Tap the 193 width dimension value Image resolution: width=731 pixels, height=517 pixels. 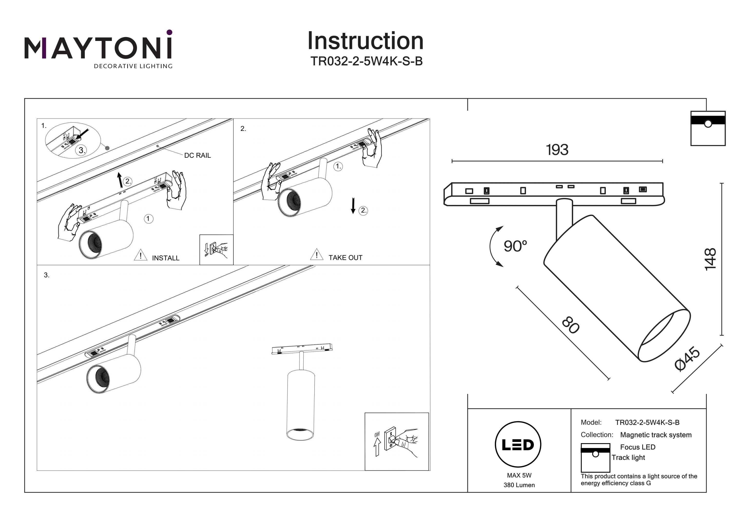click(557, 150)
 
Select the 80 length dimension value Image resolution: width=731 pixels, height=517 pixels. click(570, 325)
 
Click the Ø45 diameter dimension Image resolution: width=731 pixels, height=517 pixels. click(687, 359)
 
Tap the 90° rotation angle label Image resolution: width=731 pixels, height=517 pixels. click(515, 246)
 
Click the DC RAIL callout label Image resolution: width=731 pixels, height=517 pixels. click(197, 156)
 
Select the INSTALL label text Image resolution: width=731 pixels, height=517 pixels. click(165, 258)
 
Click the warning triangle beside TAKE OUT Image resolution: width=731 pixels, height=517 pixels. click(317, 255)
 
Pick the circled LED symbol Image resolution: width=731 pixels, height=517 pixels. click(518, 445)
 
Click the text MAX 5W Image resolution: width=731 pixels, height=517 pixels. click(519, 475)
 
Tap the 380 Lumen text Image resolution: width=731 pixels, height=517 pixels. click(519, 485)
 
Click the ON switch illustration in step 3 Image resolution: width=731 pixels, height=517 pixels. click(396, 441)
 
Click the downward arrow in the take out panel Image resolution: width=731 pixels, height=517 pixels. click(353, 205)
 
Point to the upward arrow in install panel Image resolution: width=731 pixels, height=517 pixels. click(120, 180)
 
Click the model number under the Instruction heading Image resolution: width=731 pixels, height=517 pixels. click(366, 61)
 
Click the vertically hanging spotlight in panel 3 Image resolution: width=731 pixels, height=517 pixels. click(300, 405)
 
